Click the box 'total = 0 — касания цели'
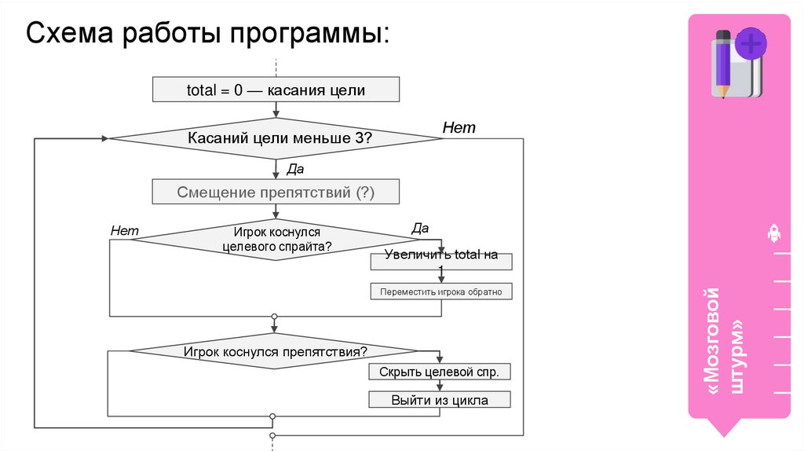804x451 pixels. [x=276, y=90]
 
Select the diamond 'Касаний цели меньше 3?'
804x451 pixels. [x=276, y=139]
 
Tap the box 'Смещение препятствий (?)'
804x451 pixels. [x=276, y=192]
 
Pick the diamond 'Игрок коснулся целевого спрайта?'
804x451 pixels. [x=276, y=239]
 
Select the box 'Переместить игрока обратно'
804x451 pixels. [x=440, y=291]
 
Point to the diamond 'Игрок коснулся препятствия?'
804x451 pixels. [x=275, y=351]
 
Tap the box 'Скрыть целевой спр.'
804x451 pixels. [x=440, y=372]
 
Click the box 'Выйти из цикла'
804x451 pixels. [x=440, y=400]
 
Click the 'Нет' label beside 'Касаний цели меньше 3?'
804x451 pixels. [x=459, y=127]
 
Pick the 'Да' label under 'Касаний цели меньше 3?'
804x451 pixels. [x=295, y=169]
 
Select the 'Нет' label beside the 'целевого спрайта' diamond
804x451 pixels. [x=124, y=230]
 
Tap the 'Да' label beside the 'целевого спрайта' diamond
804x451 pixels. [x=420, y=229]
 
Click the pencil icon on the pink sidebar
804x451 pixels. [x=722, y=63]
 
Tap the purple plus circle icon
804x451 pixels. [x=751, y=43]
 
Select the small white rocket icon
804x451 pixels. [x=773, y=233]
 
